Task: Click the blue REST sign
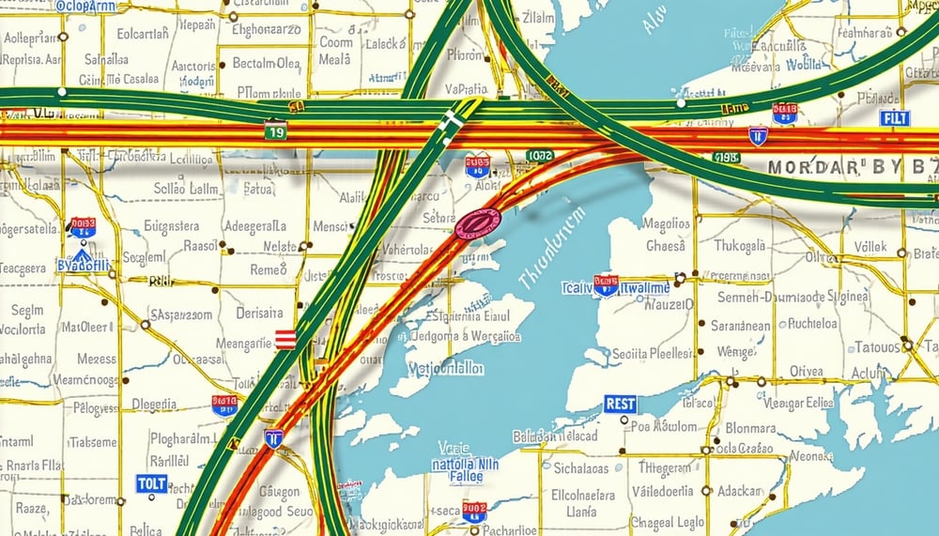coord(620,405)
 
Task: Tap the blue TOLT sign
coord(151,484)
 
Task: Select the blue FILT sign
coord(894,118)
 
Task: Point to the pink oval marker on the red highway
coord(477,224)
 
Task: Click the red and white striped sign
coord(285,339)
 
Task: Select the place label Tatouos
coord(877,346)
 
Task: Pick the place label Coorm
coord(336,42)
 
